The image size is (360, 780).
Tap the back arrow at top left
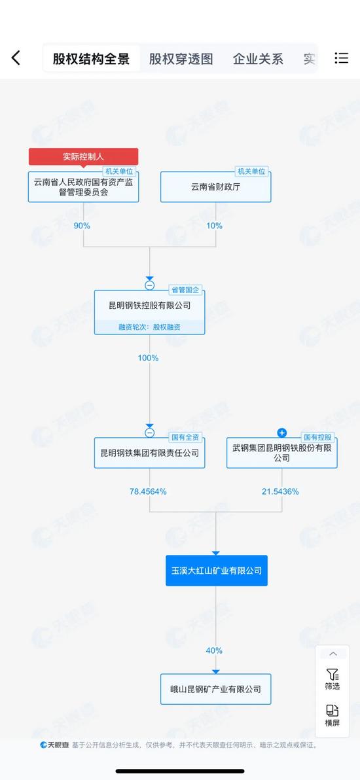16,58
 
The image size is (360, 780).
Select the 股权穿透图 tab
181,59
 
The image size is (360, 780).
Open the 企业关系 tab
258,59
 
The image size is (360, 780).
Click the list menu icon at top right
342,58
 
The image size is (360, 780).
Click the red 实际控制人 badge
83,156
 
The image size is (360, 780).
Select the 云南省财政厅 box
215,187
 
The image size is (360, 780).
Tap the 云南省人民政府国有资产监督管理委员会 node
83,187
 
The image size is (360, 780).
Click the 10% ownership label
214,225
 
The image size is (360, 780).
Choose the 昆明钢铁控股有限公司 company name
149,306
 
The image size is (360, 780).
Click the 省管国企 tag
187,290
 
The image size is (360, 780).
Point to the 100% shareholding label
148,358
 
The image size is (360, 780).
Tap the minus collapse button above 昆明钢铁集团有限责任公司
149,433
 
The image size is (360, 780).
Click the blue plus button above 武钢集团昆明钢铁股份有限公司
282,433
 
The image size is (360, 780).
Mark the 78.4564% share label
148,491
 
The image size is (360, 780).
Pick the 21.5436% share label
280,491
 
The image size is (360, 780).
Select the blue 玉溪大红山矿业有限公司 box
217,571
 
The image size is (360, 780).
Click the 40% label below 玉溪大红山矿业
214,650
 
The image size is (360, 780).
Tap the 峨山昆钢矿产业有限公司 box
215,689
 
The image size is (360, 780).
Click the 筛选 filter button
333,679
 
